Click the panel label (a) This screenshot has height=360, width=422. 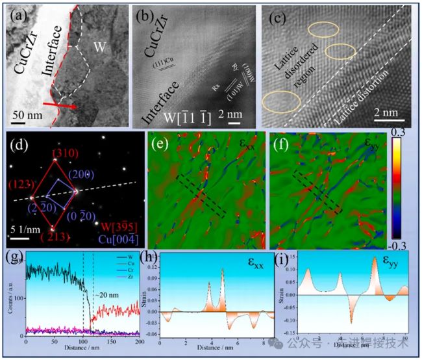click(x=16, y=14)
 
